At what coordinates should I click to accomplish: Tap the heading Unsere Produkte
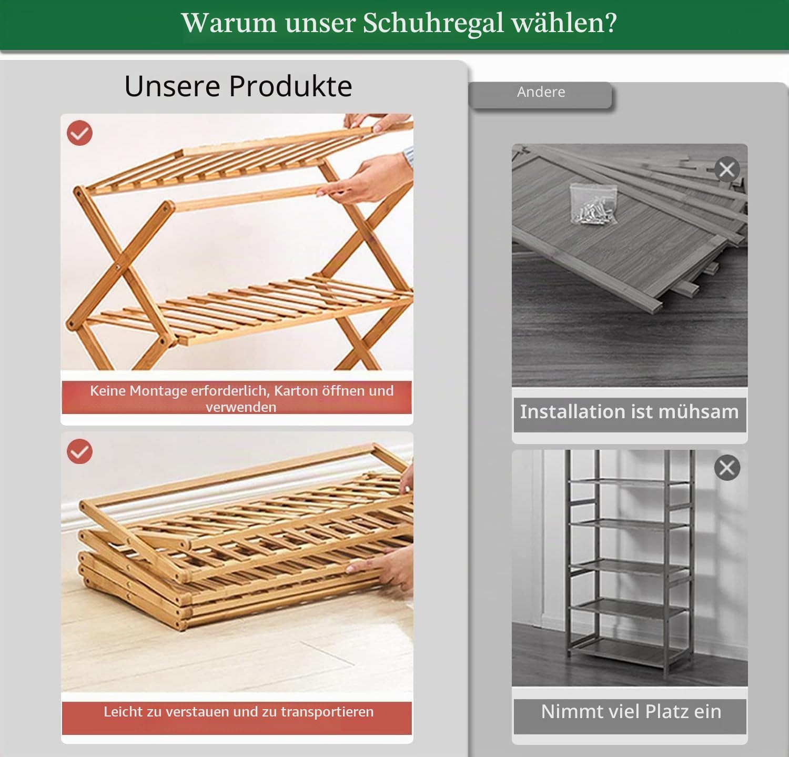238,86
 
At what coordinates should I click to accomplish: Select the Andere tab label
541,92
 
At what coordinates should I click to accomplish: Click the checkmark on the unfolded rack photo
79,133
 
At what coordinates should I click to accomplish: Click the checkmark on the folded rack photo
79,451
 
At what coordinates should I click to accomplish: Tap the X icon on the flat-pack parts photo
727,169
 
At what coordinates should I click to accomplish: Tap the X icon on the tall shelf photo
727,468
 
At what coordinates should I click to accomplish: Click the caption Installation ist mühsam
629,411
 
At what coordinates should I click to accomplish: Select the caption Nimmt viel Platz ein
631,711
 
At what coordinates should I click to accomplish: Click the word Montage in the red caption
158,391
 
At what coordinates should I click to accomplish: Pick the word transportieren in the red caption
327,712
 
